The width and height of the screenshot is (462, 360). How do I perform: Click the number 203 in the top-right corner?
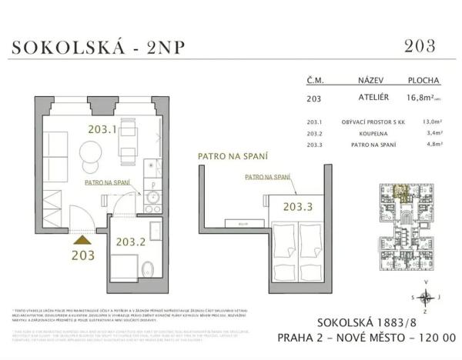pyautogui.click(x=420, y=45)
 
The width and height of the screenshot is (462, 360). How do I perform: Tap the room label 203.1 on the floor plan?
pyautogui.click(x=102, y=129)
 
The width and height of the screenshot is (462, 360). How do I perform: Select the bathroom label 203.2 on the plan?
pyautogui.click(x=131, y=242)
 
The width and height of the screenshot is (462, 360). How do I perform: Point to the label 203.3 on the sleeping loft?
pyautogui.click(x=297, y=206)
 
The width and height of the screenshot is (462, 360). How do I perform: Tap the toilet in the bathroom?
pyautogui.click(x=149, y=268)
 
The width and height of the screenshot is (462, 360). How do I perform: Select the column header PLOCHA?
pyautogui.click(x=423, y=80)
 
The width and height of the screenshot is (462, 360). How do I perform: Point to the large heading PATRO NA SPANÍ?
pyautogui.click(x=233, y=156)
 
